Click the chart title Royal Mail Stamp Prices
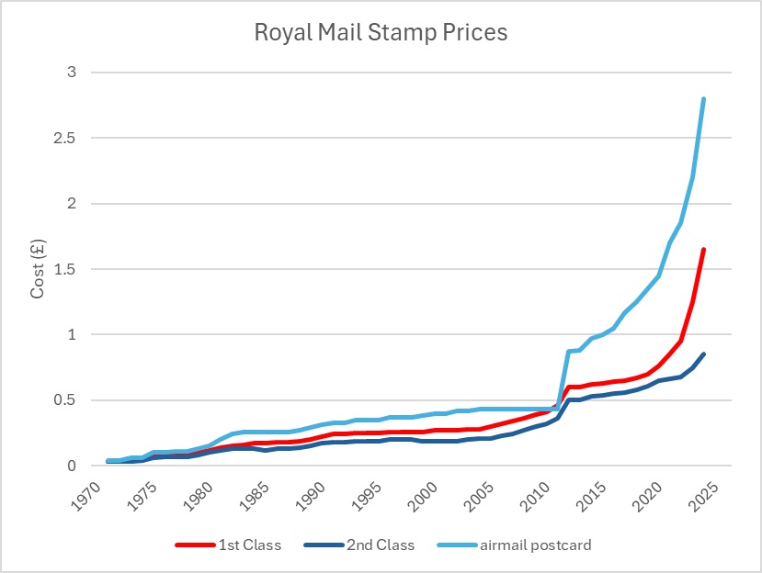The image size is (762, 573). click(381, 33)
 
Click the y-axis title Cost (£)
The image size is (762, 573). click(39, 268)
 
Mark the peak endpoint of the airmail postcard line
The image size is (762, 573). click(703, 99)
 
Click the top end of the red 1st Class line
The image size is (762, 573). click(703, 250)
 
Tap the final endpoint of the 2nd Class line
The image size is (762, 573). click(703, 354)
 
